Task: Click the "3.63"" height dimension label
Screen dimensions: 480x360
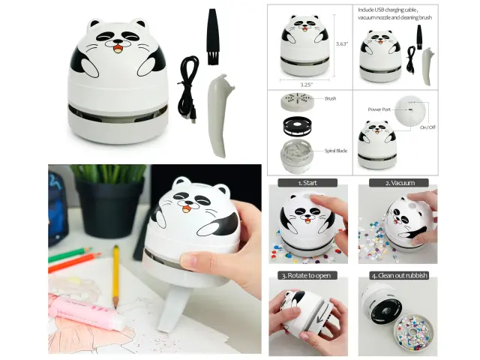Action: [342, 43]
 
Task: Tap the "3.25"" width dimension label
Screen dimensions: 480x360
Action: [307, 85]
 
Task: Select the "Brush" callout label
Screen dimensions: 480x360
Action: [330, 98]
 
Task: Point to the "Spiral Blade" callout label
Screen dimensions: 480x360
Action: [336, 151]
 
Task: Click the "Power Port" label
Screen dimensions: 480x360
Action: [379, 109]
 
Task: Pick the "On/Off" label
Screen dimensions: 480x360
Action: [427, 127]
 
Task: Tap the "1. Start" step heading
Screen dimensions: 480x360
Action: [307, 183]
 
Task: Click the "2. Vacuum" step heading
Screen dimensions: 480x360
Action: [400, 183]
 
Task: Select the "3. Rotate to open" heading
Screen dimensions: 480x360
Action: [306, 275]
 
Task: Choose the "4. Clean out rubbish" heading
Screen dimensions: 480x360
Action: [399, 275]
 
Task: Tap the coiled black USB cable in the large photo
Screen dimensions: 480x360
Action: [188, 89]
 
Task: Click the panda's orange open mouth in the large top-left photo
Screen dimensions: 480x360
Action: [118, 49]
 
